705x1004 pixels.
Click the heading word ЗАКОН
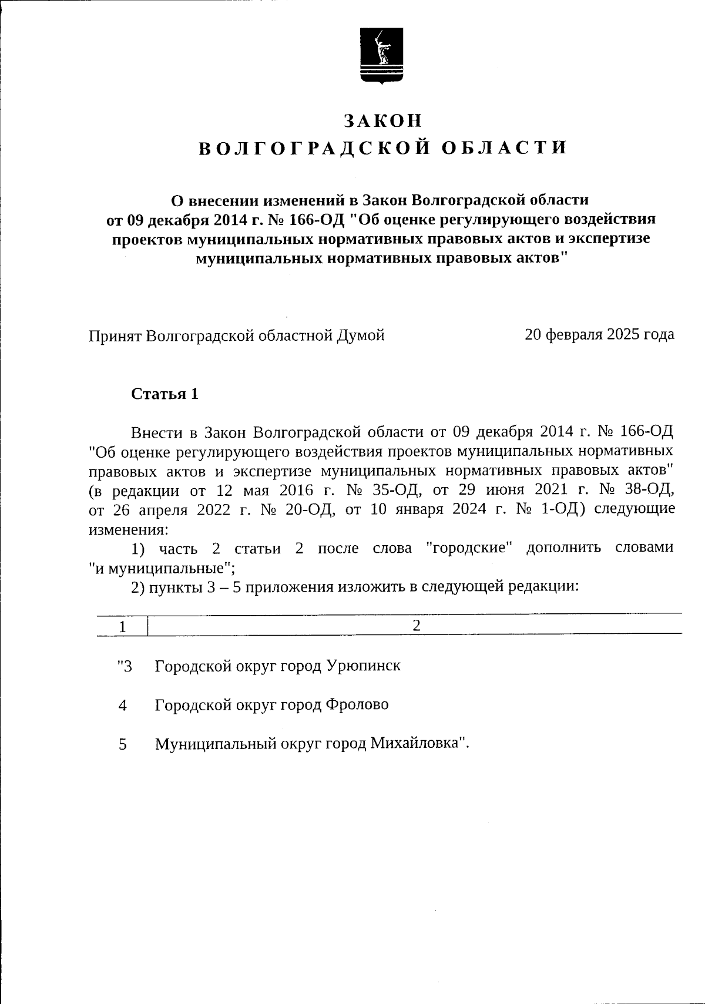(382, 120)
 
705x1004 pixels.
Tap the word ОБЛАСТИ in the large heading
(503, 148)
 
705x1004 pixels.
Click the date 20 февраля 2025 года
(599, 335)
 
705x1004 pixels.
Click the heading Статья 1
(164, 394)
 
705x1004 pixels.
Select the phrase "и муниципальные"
(160, 568)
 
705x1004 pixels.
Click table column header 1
(122, 627)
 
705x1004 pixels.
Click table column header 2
(416, 626)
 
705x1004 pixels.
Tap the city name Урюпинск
(363, 666)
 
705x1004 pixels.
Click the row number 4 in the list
(122, 706)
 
